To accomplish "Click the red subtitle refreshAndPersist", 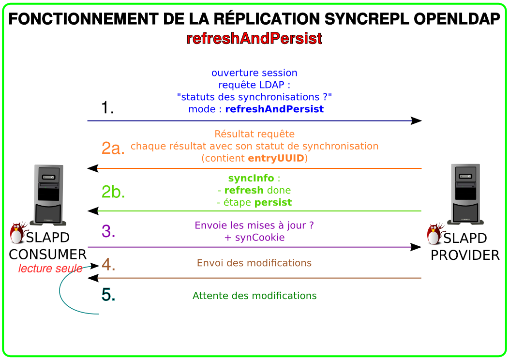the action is coord(254,38).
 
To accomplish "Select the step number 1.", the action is coord(107,107).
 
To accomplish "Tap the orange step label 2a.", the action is coord(113,148).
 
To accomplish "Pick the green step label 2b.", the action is coord(113,192).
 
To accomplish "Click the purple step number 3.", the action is coord(108,231).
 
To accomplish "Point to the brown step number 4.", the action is coord(108,264).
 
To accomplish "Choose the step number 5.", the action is coord(108,295).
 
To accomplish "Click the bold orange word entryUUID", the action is coord(276,158).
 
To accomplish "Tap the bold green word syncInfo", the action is coord(251,178).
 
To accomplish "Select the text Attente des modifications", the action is coord(254,296).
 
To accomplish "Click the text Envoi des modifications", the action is coord(254,263).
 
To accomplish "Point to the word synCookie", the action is coord(260,238).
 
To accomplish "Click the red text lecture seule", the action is coord(50,269).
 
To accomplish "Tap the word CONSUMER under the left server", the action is coord(48,255).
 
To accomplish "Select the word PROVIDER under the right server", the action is coord(465,255).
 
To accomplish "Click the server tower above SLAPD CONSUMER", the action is coord(48,195).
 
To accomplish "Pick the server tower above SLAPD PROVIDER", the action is coord(465,195).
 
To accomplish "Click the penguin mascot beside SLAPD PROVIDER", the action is coord(435,234).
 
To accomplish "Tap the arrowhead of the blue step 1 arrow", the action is coord(416,121).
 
